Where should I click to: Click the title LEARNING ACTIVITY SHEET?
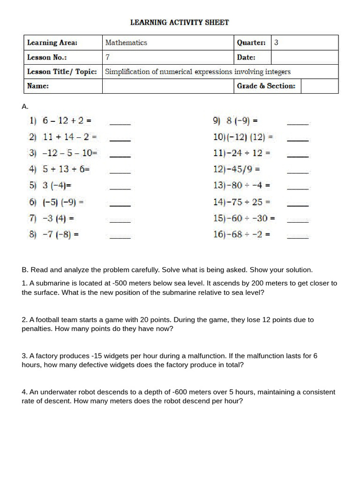[x=180, y=22]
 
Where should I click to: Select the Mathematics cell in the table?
[x=126, y=43]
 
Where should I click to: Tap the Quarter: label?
[x=251, y=43]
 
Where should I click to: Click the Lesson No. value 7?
[x=108, y=57]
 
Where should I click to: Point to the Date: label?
[x=246, y=57]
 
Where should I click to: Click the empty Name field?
[x=168, y=86]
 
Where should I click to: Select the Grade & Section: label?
[x=266, y=86]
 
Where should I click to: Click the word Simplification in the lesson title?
[x=125, y=72]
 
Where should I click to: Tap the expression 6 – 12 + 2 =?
[x=67, y=120]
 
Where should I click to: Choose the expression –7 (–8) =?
[x=60, y=234]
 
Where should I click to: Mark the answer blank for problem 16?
[x=298, y=238]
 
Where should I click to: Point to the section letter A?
[x=25, y=107]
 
